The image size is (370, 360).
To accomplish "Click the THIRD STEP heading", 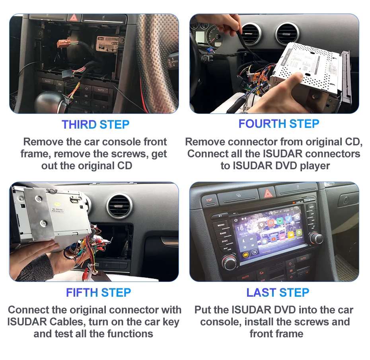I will [95, 124].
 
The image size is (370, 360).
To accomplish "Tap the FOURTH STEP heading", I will [278, 123].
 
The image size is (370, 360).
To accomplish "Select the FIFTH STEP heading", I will [98, 293].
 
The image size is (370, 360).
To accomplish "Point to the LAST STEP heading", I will [278, 293].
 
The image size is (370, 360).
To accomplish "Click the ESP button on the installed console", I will [208, 200].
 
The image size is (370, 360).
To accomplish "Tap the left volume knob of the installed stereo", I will [230, 263].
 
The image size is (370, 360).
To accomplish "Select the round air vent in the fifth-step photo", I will [119, 205].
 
